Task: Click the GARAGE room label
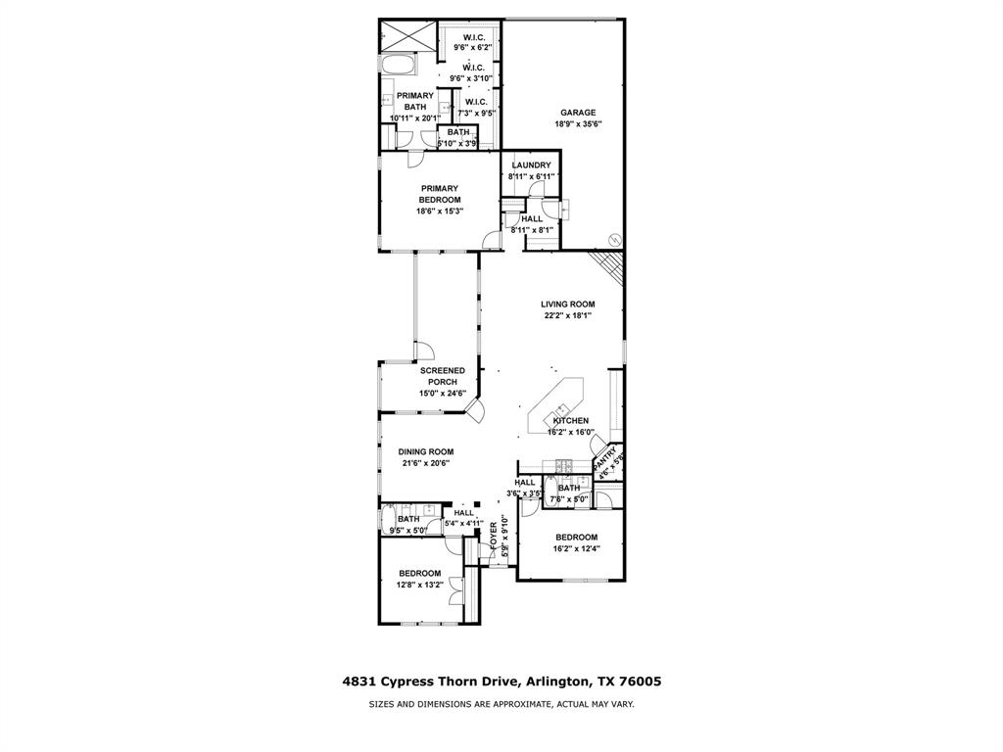[x=578, y=113]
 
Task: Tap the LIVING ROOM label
[x=567, y=305]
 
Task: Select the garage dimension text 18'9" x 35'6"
[x=578, y=124]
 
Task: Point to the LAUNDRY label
[x=531, y=165]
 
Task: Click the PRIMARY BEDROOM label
[x=440, y=194]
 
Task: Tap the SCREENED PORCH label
[x=443, y=377]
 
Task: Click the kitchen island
[x=556, y=405]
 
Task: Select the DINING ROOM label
[x=425, y=452]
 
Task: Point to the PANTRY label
[x=607, y=456]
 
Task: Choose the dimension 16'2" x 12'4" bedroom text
[x=576, y=549]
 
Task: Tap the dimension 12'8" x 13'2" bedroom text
[x=419, y=586]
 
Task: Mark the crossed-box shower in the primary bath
[x=399, y=35]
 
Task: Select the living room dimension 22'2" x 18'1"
[x=567, y=316]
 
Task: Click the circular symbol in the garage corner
[x=614, y=238]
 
